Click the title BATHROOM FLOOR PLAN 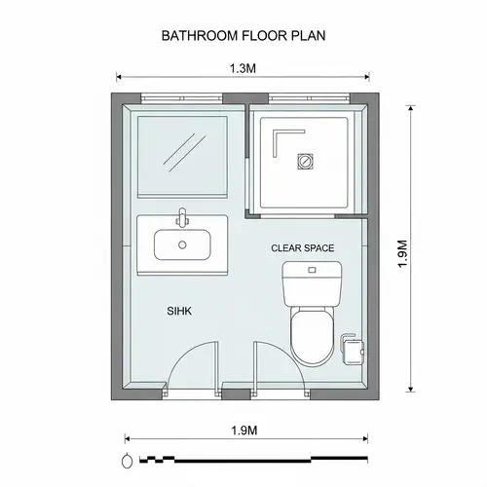pyautogui.click(x=243, y=35)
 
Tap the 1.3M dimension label pyautogui.click(x=243, y=69)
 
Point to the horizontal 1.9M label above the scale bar pyautogui.click(x=243, y=430)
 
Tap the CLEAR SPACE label pyautogui.click(x=302, y=248)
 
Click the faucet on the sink pyautogui.click(x=181, y=216)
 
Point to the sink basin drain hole pyautogui.click(x=181, y=244)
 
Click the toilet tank pyautogui.click(x=312, y=283)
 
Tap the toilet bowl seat pyautogui.click(x=312, y=331)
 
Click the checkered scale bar pyautogui.click(x=253, y=457)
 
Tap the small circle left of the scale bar pyautogui.click(x=128, y=459)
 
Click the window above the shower pyautogui.click(x=309, y=97)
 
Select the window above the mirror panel pyautogui.click(x=181, y=97)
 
